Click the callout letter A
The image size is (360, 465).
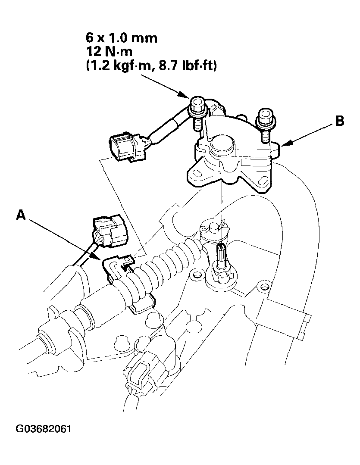pos(21,215)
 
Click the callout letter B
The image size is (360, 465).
pos(340,121)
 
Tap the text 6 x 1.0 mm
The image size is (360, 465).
pos(122,38)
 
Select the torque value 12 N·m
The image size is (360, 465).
pos(109,52)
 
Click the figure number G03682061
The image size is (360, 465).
pos(44,429)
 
